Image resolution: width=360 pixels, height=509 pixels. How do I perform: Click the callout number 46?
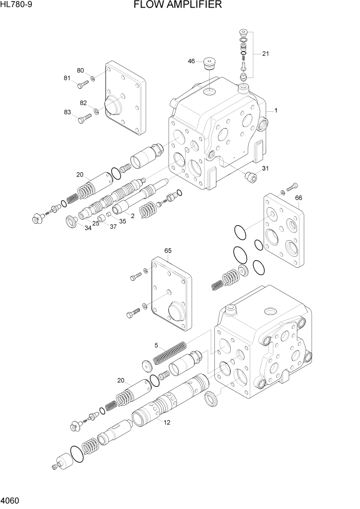[191, 62]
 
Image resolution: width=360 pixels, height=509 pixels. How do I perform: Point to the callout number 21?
[265, 53]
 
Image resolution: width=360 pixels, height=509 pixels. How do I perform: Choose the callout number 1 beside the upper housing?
[275, 110]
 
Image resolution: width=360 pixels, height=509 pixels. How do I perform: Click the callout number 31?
[265, 169]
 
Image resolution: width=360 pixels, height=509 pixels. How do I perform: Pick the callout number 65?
[168, 251]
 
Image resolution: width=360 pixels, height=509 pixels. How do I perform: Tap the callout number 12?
[167, 422]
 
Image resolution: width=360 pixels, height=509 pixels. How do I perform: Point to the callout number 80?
[81, 70]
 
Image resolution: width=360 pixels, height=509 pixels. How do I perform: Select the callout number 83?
[67, 112]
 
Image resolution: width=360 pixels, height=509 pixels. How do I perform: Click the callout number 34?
[88, 228]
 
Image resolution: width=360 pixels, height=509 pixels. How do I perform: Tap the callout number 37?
[113, 226]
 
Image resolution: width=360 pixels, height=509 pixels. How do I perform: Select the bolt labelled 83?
[85, 119]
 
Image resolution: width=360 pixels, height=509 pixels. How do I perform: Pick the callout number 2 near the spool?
[132, 216]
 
